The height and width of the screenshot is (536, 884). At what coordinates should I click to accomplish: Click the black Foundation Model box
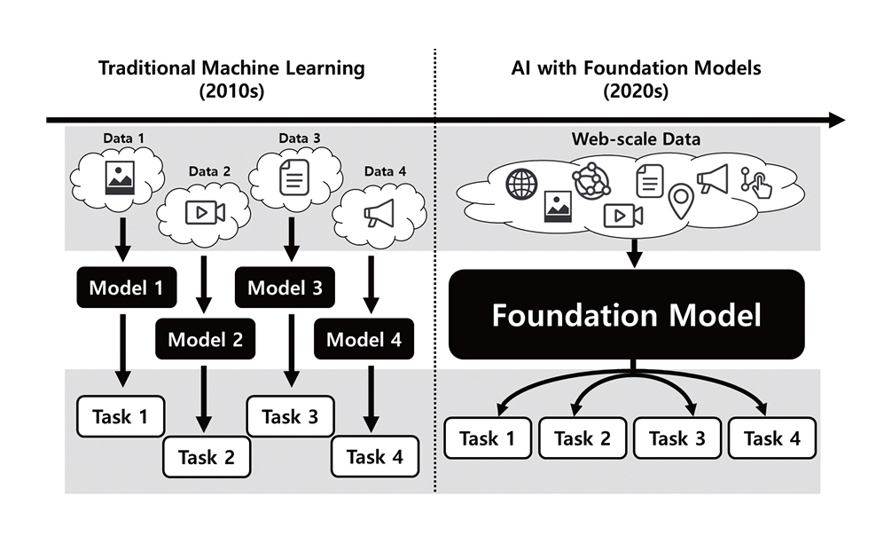(627, 315)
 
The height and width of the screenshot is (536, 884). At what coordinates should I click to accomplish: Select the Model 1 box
(125, 288)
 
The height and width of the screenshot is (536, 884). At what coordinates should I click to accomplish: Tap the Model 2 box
(205, 338)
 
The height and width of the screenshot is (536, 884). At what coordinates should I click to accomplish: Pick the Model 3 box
(285, 288)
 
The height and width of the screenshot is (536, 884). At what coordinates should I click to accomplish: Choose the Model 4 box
(364, 338)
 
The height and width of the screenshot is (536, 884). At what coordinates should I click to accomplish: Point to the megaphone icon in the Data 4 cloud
(378, 213)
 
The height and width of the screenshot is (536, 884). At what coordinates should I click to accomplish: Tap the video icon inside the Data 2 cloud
(205, 213)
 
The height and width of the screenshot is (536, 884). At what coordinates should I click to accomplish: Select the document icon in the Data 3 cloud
(291, 181)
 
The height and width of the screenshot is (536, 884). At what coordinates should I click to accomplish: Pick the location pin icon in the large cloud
(680, 201)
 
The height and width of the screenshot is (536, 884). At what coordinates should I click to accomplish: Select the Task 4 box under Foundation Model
(771, 437)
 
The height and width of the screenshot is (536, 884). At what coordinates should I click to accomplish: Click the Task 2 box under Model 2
(207, 457)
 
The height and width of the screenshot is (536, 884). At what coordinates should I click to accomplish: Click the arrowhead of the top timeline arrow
(834, 120)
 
